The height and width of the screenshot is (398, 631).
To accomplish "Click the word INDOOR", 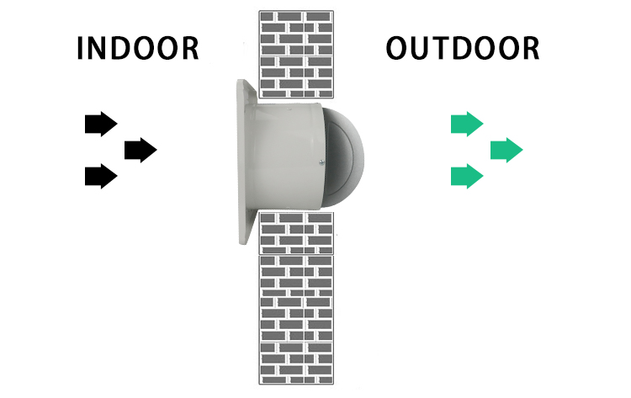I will pos(138,48).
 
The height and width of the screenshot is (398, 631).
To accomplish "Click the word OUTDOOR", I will pos(462,48).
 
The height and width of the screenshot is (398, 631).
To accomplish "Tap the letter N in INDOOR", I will pos(100,48).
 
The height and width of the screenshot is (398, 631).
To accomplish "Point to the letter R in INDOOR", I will pos(190,48).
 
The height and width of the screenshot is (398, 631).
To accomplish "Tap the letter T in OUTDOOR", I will pos(447,48).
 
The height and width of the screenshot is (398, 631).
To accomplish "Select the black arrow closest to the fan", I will pos(140,150).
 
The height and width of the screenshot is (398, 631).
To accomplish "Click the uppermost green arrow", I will pos(466,124).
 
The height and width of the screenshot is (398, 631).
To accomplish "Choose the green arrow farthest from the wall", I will pos(506,150).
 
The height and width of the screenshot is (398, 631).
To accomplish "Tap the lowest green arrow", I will pos(466,176).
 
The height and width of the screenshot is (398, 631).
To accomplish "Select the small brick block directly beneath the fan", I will pos(296,232).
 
